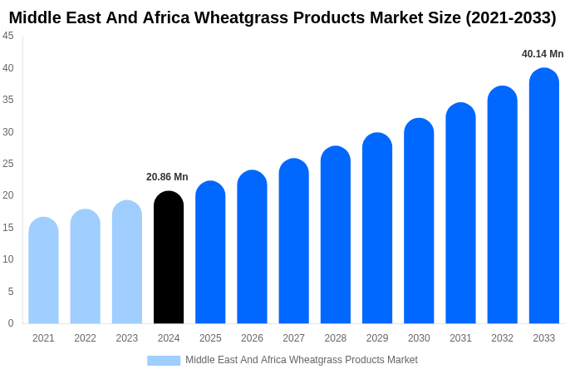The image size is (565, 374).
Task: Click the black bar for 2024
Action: coord(169,258)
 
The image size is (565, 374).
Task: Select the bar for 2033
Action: coord(544,196)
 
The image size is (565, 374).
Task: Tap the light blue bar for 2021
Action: coord(43,271)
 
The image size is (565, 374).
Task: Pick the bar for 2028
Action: coord(336,235)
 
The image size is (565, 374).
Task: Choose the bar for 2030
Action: coord(419,221)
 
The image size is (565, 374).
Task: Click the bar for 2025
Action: coord(210,253)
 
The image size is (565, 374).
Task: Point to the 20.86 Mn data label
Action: coord(167,177)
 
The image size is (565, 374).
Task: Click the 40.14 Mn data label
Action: coord(543,54)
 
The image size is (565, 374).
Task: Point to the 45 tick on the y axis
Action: coord(8,36)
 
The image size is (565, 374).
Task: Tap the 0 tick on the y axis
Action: coord(11,323)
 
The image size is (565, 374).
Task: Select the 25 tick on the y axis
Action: coord(8,164)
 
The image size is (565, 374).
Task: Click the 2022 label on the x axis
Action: coord(85,338)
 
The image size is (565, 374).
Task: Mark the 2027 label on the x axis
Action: coord(293,338)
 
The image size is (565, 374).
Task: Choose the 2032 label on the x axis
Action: coord(502,338)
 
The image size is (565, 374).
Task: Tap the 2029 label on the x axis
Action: coord(377,338)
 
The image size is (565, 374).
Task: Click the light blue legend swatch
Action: coord(164,361)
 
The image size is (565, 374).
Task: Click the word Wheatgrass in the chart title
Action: coord(249,17)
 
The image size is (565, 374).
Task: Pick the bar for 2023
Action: coord(127,263)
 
